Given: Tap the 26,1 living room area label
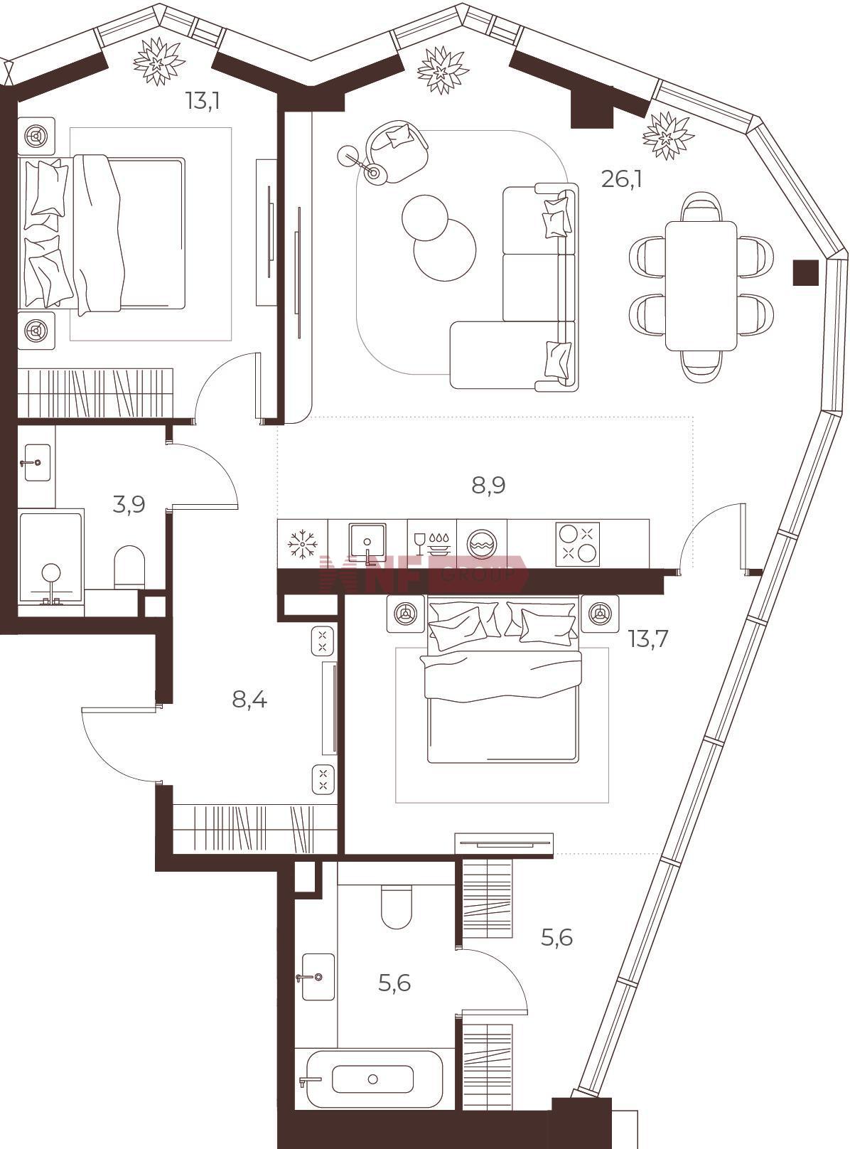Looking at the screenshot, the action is pos(621,179).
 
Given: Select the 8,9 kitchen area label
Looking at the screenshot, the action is pos(488,486).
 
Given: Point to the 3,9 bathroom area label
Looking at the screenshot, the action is pos(129,503).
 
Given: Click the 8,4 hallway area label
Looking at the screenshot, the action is pos(249,700).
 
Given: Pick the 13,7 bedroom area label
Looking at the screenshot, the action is pos(648,639).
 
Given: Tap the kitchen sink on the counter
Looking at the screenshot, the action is pos(367,543).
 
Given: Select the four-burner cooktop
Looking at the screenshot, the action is pos(577,543).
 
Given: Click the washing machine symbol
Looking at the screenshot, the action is pos(481,545).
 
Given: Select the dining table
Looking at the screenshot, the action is pos(700,287).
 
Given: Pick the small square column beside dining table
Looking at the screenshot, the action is pos(805,272).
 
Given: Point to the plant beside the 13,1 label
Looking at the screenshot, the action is pos(158,62).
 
